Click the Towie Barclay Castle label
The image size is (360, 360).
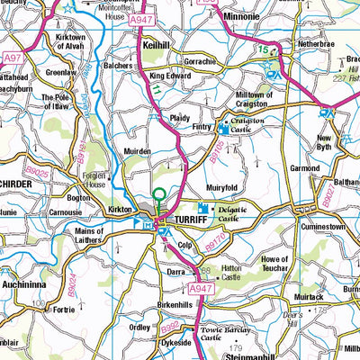pos(223,334)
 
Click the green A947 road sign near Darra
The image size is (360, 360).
pos(200,288)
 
